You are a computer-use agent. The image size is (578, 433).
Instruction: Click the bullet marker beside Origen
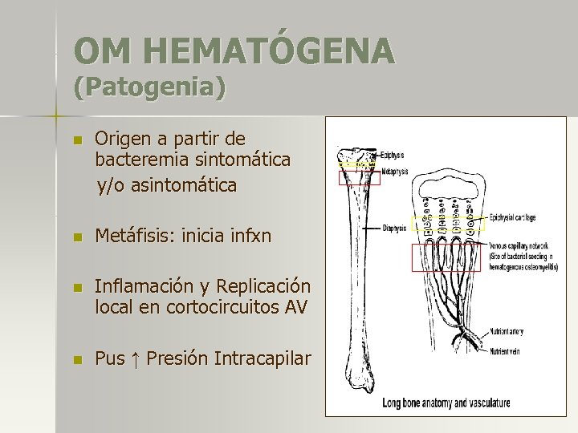(76, 140)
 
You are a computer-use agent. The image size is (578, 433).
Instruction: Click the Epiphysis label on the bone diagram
(393, 155)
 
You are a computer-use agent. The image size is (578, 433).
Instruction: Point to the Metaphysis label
(394, 171)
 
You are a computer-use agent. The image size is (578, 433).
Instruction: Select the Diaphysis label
(394, 228)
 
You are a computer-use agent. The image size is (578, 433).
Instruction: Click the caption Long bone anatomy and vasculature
(446, 403)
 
